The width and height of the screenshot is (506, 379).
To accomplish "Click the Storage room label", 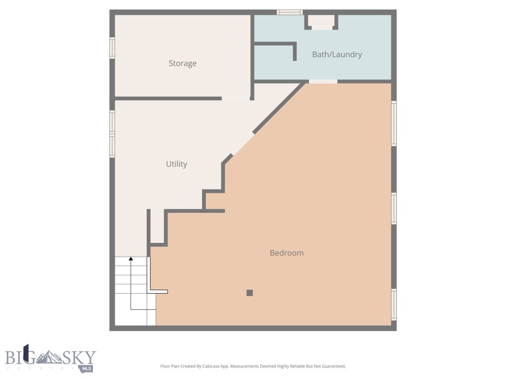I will (182, 63).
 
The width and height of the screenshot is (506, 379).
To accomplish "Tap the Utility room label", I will (176, 164).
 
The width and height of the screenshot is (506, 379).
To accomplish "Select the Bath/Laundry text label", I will (337, 54).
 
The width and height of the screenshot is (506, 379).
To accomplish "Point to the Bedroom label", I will (287, 253).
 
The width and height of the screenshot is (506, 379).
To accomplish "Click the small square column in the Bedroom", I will (250, 293).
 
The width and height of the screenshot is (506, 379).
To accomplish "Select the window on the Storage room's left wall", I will (112, 48).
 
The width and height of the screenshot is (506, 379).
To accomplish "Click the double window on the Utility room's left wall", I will (112, 134).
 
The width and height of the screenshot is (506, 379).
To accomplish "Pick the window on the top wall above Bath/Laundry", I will (290, 12).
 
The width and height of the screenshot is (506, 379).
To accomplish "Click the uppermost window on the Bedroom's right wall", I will (394, 123).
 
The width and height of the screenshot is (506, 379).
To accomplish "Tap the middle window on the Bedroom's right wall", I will (394, 208).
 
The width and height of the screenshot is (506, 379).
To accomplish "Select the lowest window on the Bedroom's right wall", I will (394, 304).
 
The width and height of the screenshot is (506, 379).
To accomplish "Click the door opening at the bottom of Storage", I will (236, 98).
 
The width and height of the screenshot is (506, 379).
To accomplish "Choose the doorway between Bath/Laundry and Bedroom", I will (323, 81).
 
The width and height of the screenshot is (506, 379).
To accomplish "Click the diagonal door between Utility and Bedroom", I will (243, 144).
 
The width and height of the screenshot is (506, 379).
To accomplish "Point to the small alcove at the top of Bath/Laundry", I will (322, 20).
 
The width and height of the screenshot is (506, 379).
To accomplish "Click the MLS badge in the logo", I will (86, 368).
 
